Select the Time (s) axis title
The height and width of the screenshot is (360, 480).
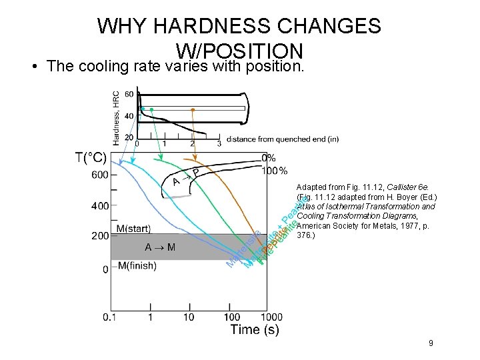pyautogui.click(x=254, y=329)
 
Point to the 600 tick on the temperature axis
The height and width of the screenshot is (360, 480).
pyautogui.click(x=101, y=175)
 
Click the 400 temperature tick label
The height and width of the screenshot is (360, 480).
pyautogui.click(x=101, y=205)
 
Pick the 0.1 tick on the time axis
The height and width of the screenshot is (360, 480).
pyautogui.click(x=111, y=317)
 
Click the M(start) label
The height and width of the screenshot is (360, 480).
pyautogui.click(x=134, y=229)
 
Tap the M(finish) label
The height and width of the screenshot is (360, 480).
pyautogui.click(x=137, y=266)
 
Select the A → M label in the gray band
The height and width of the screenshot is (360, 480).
pyautogui.click(x=161, y=247)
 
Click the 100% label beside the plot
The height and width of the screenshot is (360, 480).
pyautogui.click(x=274, y=171)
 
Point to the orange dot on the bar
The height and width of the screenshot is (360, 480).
pyautogui.click(x=193, y=109)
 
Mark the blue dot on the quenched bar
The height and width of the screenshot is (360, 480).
pyautogui.click(x=142, y=109)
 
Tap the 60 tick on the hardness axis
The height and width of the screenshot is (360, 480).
pyautogui.click(x=128, y=95)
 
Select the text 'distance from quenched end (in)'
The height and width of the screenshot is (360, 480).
pyautogui.click(x=283, y=139)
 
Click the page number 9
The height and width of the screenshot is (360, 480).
pyautogui.click(x=431, y=343)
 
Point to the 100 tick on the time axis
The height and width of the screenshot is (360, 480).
pyautogui.click(x=231, y=317)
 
